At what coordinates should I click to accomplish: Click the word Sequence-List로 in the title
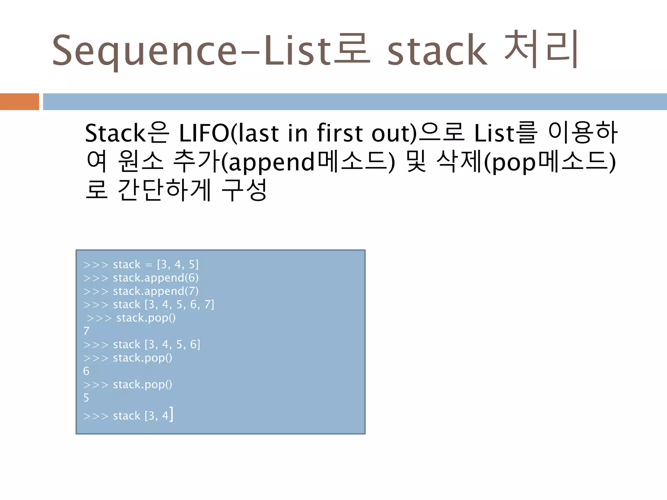tap(211, 50)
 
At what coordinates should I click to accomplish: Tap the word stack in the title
tap(437, 50)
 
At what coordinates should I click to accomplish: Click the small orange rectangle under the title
tap(20, 102)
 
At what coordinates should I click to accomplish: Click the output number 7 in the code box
tap(86, 331)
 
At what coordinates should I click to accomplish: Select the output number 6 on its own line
tap(86, 371)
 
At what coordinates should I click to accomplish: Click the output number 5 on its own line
tap(86, 398)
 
